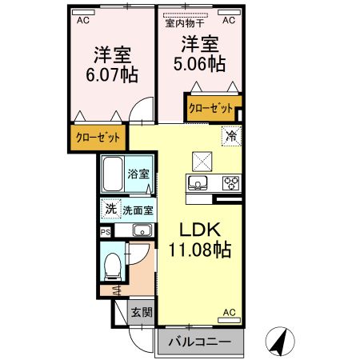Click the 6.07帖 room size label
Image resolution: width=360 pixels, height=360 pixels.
112,75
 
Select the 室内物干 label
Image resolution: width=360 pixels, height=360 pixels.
185,23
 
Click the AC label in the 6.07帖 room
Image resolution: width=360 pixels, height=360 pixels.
82,22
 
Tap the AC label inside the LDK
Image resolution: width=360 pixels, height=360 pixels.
229,312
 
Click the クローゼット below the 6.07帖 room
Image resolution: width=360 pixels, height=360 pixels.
98,138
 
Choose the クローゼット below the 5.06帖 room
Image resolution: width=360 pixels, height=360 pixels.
210,107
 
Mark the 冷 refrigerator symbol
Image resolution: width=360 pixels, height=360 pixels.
230,136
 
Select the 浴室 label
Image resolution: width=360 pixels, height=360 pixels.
139,174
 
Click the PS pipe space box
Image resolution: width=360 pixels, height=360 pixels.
106,231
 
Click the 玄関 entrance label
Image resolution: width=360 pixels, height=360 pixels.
142,312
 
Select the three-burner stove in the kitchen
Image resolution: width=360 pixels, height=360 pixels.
230,182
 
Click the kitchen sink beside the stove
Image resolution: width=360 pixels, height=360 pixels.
198,183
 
